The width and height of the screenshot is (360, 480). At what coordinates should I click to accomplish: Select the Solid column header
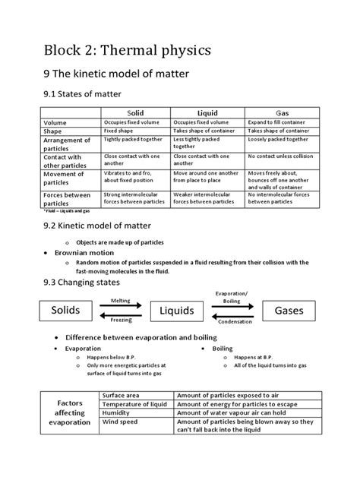(136, 111)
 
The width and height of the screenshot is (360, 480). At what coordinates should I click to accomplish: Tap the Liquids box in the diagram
(177, 311)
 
